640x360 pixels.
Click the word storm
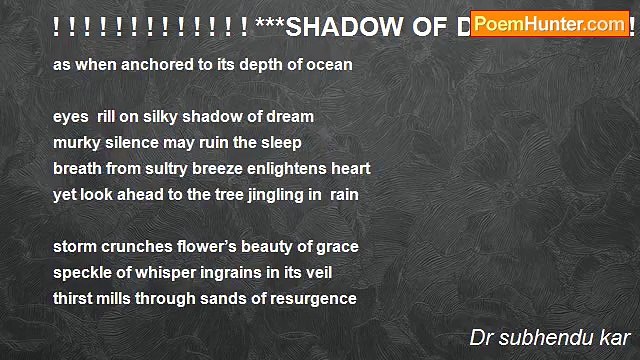75,246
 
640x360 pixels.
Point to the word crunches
137,246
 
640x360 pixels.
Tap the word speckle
82,272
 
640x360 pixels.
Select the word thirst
73,298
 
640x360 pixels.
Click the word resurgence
309,298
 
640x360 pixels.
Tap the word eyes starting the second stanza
71,116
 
